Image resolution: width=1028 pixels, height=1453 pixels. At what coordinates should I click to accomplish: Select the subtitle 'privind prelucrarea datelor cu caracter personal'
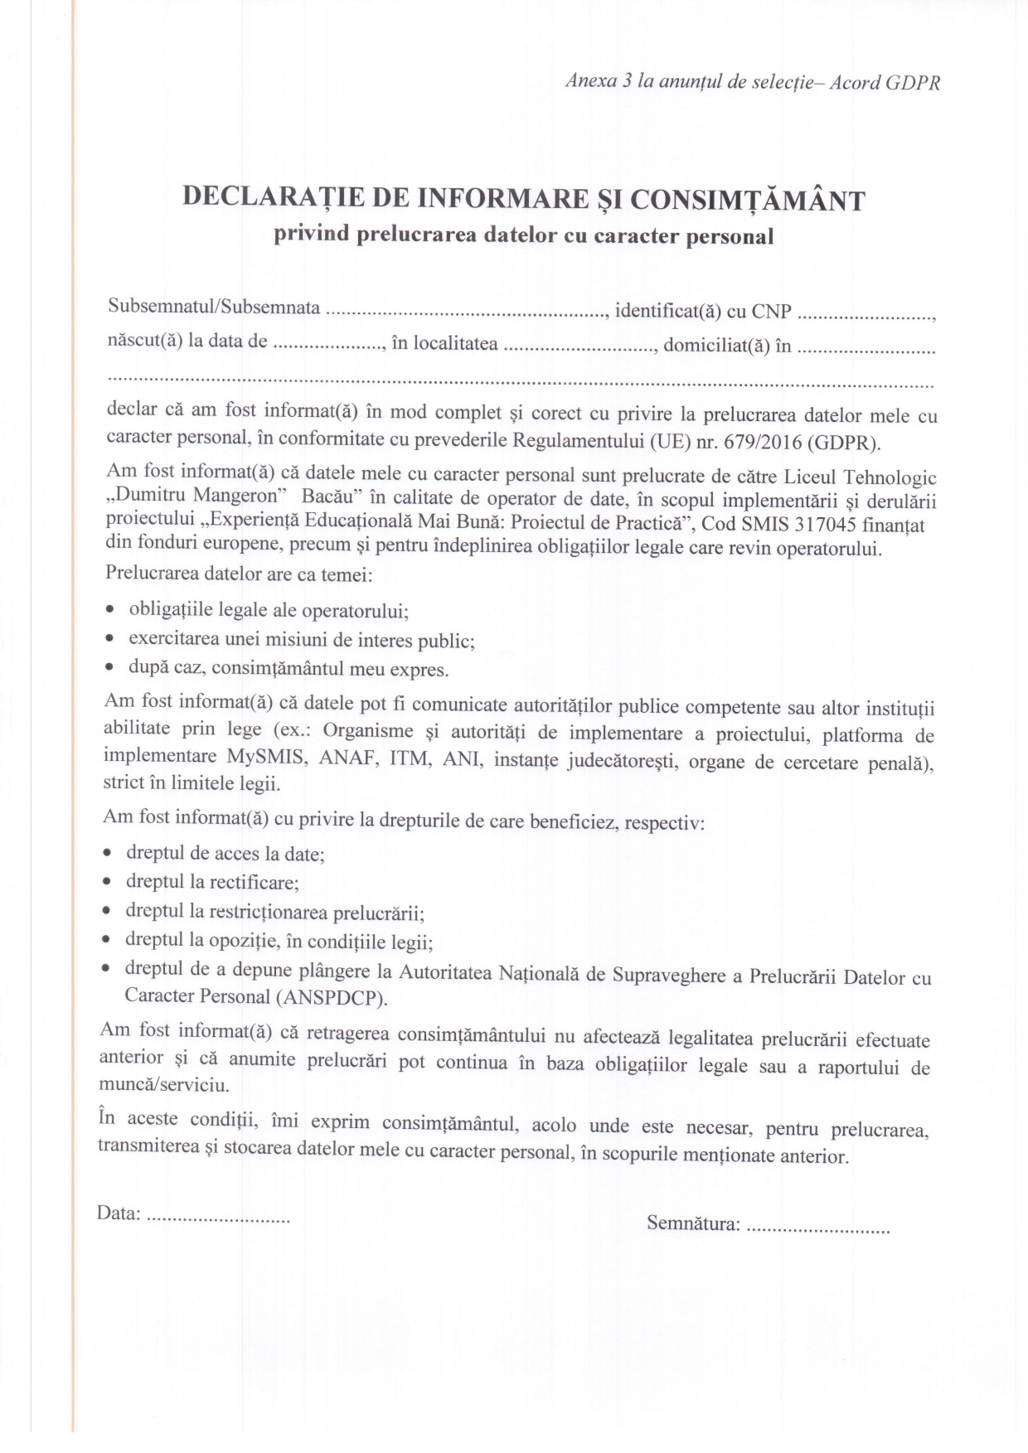click(524, 235)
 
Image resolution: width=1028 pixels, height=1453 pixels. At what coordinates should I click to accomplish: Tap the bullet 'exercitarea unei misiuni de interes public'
click(302, 640)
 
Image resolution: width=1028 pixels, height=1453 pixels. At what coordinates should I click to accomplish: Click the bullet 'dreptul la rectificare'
click(212, 882)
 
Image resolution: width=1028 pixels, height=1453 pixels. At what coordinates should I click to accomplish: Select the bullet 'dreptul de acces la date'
click(225, 854)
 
